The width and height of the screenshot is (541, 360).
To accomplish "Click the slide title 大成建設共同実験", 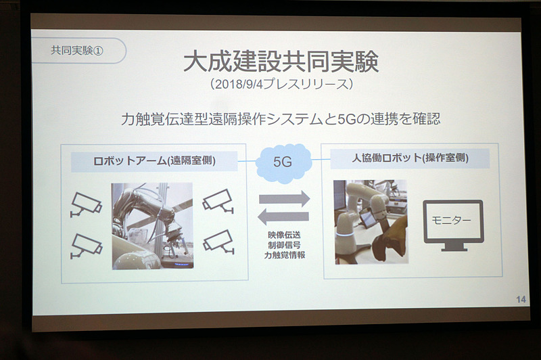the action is click(x=281, y=62).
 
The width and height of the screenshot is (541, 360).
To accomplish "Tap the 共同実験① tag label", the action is click(x=77, y=51).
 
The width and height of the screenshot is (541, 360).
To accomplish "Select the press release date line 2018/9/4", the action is click(x=281, y=85).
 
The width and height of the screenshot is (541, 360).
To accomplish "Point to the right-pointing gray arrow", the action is click(x=284, y=199).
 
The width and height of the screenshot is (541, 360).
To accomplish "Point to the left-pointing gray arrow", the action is click(x=283, y=217).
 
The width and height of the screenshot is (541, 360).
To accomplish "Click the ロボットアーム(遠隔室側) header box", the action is click(x=154, y=162).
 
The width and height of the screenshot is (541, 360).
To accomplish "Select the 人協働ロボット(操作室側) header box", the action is click(x=410, y=158).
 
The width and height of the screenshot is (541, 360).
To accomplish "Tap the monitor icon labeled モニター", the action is click(x=453, y=225).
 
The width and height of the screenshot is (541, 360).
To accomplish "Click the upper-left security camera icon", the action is click(x=86, y=204).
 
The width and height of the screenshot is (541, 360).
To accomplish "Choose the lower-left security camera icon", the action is click(x=87, y=246).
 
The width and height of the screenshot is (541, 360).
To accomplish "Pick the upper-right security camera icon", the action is click(x=218, y=201).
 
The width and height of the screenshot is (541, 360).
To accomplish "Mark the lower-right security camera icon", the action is click(x=219, y=242).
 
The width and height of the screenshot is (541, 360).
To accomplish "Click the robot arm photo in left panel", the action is click(x=152, y=226).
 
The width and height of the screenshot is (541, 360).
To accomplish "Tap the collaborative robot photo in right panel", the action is click(x=371, y=222).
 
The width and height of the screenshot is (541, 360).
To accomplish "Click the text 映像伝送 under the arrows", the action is click(x=284, y=235).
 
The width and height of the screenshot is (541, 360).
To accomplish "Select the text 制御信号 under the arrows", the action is click(x=284, y=246).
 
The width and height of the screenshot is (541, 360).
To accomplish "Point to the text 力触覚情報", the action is click(x=284, y=255).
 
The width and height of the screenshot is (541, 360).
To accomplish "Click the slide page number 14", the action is click(x=521, y=299).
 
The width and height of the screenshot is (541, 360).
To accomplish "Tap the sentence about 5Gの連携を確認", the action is click(x=281, y=119).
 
